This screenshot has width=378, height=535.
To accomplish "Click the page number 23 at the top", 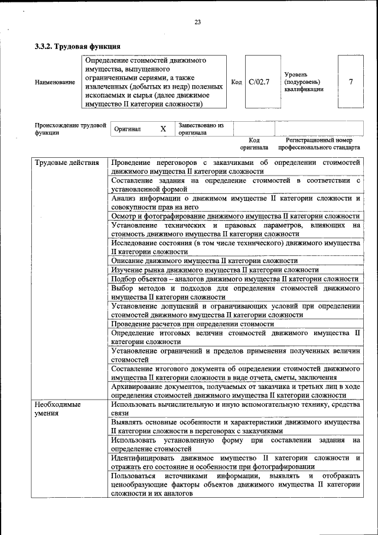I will (198, 22).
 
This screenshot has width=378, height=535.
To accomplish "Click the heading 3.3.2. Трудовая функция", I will (77, 46).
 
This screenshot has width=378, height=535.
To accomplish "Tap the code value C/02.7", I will (259, 82).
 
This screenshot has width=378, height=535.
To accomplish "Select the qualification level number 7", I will (351, 82).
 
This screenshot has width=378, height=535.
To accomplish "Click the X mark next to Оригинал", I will (163, 129).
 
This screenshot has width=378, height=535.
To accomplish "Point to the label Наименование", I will (55, 82).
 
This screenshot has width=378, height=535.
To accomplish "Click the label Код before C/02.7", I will (236, 82).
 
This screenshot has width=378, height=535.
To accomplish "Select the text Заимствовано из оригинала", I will (201, 129).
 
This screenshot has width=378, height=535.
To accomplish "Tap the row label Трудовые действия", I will (67, 162).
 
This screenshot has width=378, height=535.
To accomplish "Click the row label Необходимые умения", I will (57, 408).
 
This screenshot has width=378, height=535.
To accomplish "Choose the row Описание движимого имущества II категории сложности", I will (204, 261).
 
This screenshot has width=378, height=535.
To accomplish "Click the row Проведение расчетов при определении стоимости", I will (193, 324).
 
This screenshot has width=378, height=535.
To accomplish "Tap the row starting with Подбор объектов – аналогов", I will (234, 278).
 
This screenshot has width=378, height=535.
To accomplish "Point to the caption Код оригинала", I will (254, 144).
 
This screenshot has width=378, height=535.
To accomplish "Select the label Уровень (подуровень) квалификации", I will (304, 82).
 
